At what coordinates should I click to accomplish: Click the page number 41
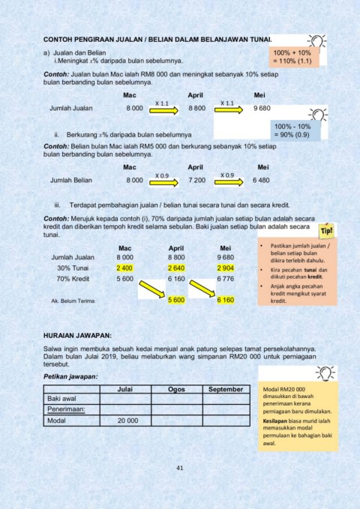click(x=180, y=468)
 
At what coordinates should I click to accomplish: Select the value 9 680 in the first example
click(x=262, y=109)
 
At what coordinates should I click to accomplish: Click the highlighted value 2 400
click(x=124, y=268)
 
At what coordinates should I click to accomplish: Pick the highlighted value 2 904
click(x=226, y=268)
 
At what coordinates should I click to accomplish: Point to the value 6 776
click(x=226, y=279)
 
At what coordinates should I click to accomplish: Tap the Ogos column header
click(x=176, y=390)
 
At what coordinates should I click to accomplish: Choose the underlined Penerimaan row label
click(x=67, y=410)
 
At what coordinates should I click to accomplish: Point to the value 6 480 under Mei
click(x=262, y=180)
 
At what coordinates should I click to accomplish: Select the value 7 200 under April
click(x=196, y=180)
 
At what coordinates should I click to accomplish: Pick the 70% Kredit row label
click(x=74, y=279)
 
